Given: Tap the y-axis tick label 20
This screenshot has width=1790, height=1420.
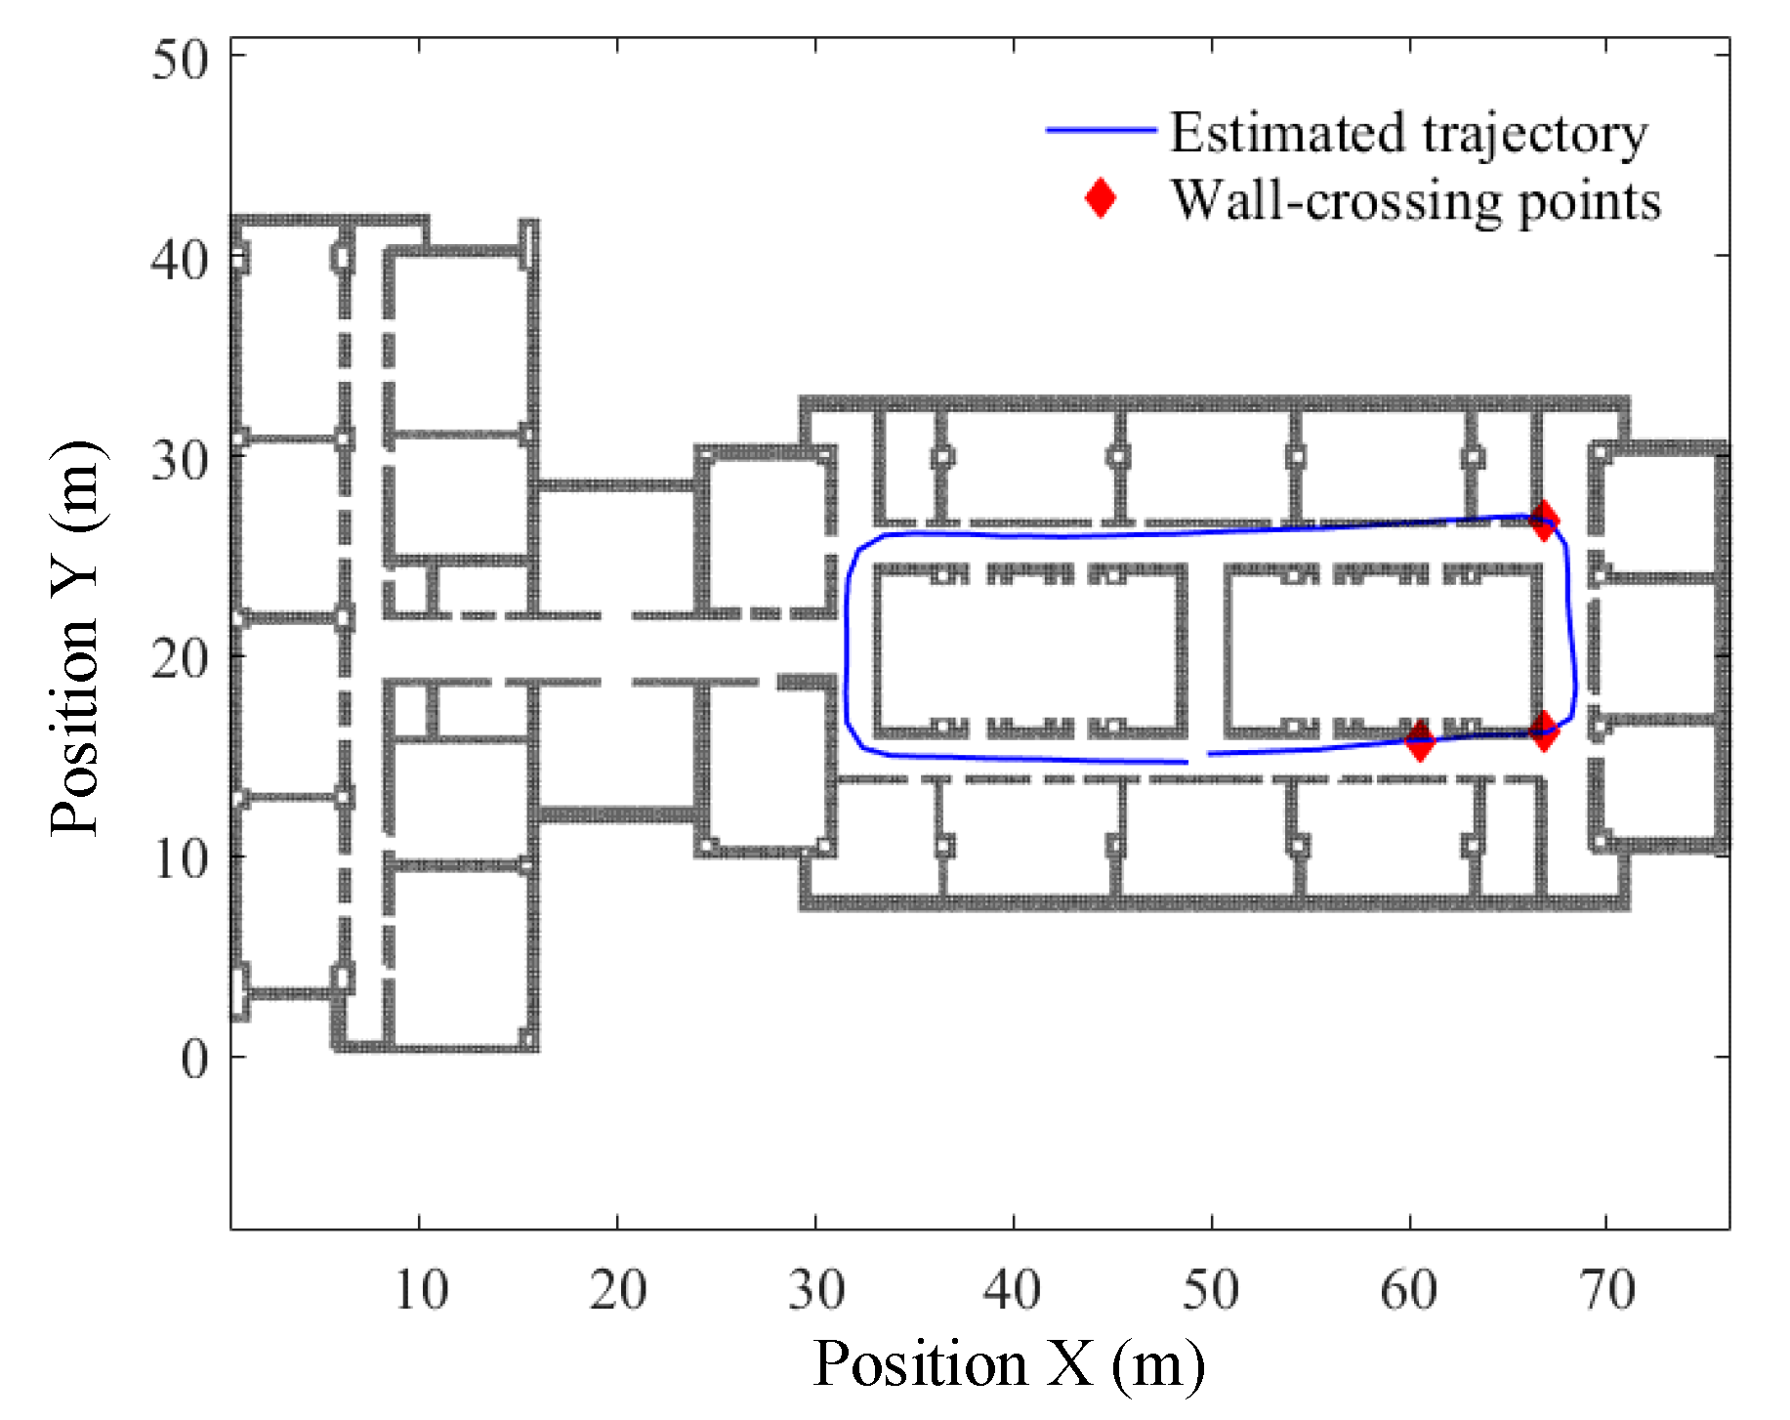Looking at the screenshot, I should (180, 659).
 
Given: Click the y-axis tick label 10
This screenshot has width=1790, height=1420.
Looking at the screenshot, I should (180, 859).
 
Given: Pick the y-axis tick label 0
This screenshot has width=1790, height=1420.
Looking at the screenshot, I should (194, 1059).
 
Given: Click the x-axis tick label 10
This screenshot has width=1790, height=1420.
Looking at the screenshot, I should (421, 1290).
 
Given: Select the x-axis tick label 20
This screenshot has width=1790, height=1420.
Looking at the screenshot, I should (618, 1290).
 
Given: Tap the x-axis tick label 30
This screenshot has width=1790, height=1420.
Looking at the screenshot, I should (816, 1290).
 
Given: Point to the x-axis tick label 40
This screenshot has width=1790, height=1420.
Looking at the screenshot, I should (1013, 1290).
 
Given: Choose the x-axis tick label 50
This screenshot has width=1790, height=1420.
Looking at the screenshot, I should (1211, 1290).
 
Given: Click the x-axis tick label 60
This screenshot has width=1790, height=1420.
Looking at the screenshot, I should (1408, 1290).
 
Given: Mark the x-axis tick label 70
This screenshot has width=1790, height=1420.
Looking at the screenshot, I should (1607, 1290).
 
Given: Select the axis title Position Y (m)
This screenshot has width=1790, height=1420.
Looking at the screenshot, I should (75, 639).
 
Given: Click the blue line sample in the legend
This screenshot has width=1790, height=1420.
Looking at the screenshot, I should (1101, 130).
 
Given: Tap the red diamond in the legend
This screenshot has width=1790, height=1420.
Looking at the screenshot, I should (1101, 198).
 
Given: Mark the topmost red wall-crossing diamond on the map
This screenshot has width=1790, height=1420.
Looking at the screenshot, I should (1543, 521).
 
